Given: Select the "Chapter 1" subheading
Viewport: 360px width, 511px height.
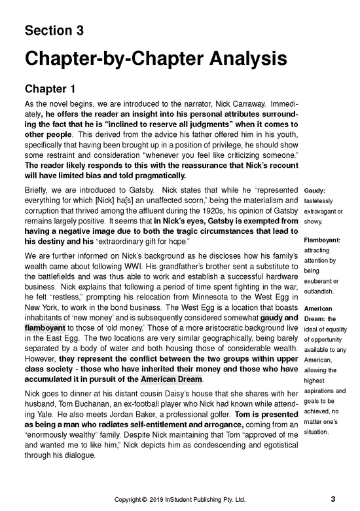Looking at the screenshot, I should coord(51,88).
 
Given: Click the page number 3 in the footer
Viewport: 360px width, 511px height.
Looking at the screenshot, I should coord(333,499).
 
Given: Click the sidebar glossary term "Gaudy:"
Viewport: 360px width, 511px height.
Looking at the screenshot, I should coord(317,190).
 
